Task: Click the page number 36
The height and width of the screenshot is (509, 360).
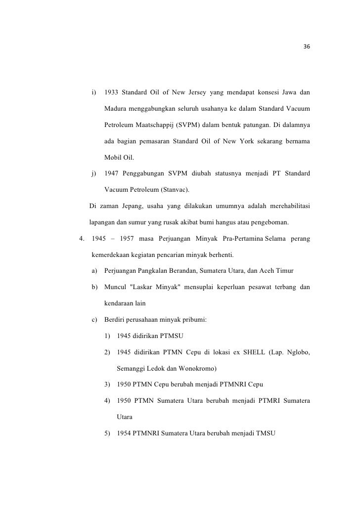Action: [x=307, y=47]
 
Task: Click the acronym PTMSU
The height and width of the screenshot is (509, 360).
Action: [x=171, y=336]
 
